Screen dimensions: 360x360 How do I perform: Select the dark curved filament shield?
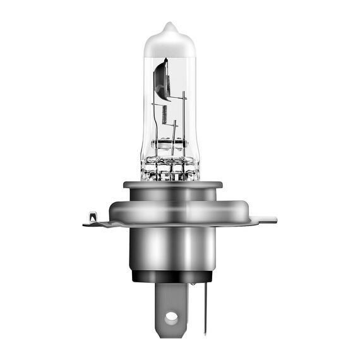pos(161,79)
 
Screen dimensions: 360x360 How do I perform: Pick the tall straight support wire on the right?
pos(184,120)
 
